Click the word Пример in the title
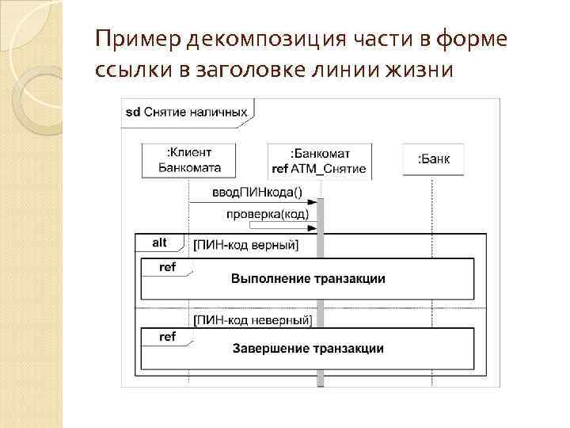(x=131, y=39)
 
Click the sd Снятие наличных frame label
(x=186, y=112)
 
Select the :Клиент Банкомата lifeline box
(x=189, y=159)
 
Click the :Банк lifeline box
(x=433, y=159)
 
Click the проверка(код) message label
(x=267, y=214)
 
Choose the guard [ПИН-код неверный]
(x=253, y=320)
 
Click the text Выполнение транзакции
(x=308, y=278)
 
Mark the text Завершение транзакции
(x=308, y=349)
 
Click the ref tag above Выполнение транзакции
(x=167, y=267)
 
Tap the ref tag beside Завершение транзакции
(x=167, y=337)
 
